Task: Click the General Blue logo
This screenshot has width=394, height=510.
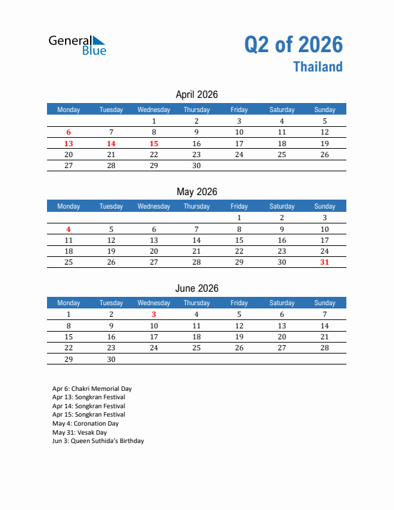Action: [77, 44]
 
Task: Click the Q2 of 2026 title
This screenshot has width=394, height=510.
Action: [294, 44]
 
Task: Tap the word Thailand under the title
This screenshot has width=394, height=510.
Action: [318, 67]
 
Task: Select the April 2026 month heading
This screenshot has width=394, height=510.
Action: [196, 95]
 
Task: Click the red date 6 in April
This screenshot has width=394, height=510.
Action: [69, 132]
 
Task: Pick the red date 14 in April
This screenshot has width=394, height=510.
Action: [111, 144]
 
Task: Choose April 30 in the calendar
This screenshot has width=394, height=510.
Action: [196, 165]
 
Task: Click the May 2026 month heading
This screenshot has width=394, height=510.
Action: [196, 191]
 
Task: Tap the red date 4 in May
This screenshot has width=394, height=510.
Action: [69, 229]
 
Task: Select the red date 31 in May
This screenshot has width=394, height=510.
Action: [324, 262]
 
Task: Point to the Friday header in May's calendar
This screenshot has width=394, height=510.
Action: [239, 206]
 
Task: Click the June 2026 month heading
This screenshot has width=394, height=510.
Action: [196, 288]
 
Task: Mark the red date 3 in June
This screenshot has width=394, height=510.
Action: [154, 314]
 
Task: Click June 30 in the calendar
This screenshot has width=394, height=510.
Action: [111, 359]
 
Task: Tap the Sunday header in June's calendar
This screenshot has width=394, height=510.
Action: [324, 303]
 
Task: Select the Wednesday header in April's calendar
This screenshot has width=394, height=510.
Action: [154, 109]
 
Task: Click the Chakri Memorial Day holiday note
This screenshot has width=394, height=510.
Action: [92, 389]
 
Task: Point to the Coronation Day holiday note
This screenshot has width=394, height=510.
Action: [86, 424]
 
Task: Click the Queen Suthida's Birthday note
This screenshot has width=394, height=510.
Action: [98, 441]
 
